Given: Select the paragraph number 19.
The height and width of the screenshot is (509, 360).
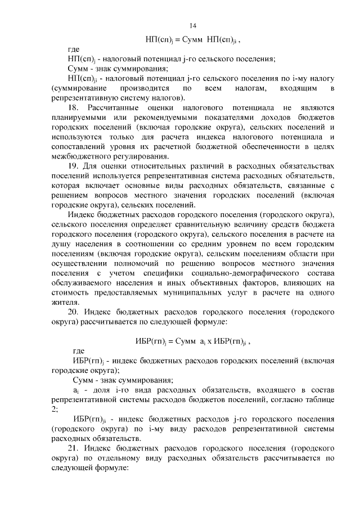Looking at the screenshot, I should [x=73, y=166].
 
